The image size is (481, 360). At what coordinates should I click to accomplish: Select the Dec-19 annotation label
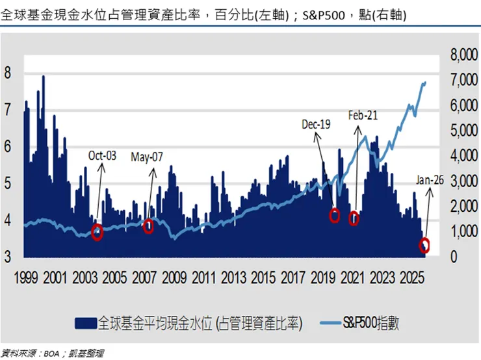[317, 123]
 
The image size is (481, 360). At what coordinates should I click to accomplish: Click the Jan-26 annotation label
[429, 180]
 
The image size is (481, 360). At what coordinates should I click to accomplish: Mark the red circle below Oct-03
[97, 233]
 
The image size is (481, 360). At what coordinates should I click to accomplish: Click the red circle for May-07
[148, 226]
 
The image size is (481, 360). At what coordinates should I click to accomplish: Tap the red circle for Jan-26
[424, 245]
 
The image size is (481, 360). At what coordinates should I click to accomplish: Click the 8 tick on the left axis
[8, 73]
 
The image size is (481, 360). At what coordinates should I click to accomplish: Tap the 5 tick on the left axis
[8, 183]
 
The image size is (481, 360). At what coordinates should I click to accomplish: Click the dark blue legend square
[83, 323]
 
